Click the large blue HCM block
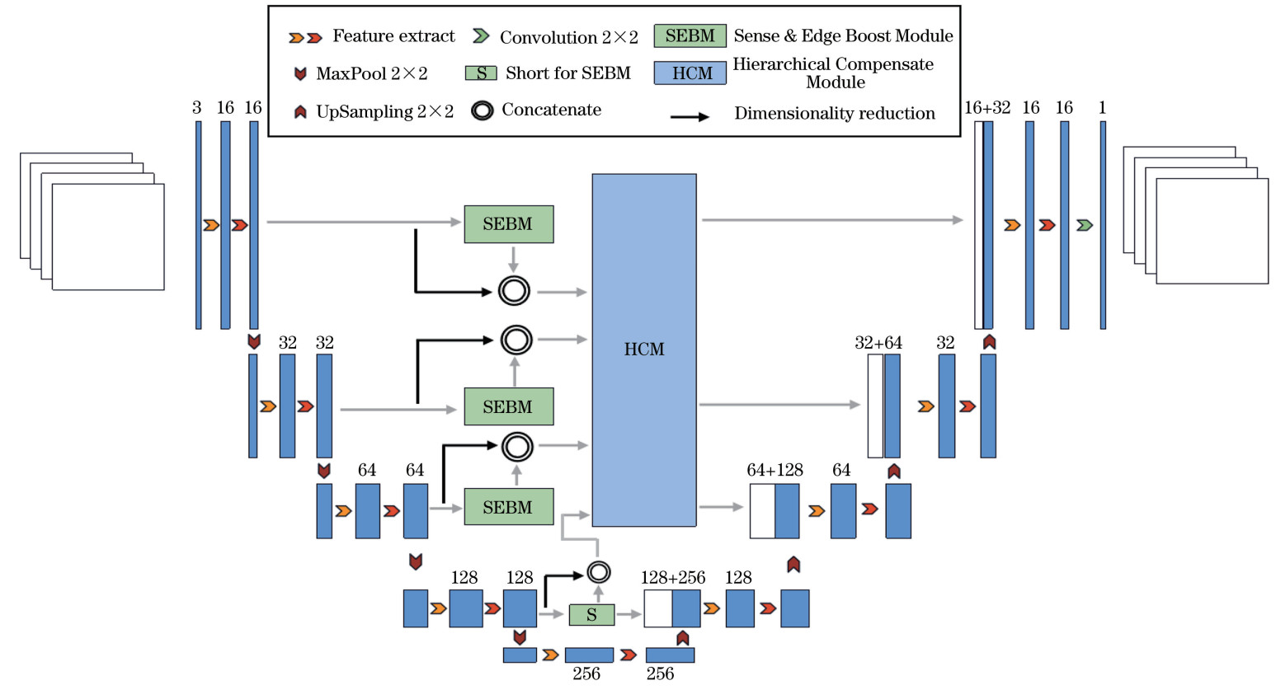[x=644, y=350]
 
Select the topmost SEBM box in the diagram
[x=508, y=224]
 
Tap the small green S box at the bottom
[x=591, y=614]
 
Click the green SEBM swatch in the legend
[x=690, y=35]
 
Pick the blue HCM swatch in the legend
[x=690, y=73]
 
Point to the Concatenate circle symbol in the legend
[x=483, y=110]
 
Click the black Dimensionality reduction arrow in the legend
[x=690, y=117]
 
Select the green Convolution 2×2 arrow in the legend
[x=481, y=36]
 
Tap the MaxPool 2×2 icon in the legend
[x=300, y=74]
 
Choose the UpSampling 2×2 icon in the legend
[x=300, y=111]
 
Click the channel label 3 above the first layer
[x=196, y=108]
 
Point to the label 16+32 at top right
[x=987, y=108]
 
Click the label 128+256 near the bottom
[x=673, y=578]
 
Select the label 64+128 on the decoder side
[x=775, y=470]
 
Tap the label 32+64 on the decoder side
[x=878, y=343]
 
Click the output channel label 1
[x=1102, y=108]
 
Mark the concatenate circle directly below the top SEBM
[x=514, y=291]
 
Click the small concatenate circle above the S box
[x=599, y=572]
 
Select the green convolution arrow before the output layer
[x=1084, y=225]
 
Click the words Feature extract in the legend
[x=393, y=36]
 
